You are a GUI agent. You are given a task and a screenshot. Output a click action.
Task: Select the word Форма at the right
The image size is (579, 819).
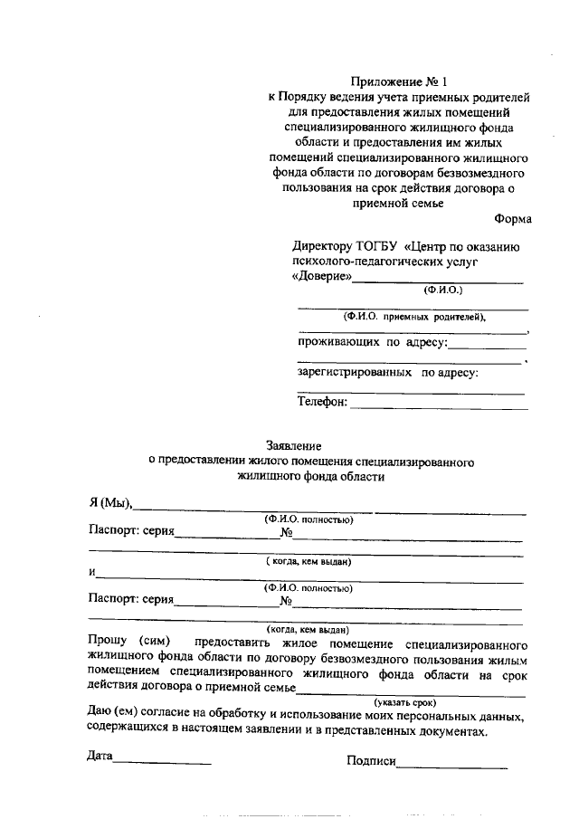pyautogui.click(x=513, y=219)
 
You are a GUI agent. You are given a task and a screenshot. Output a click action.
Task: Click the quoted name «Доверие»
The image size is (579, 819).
pyautogui.click(x=321, y=277)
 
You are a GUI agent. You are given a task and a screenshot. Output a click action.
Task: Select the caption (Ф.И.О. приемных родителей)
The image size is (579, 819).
pyautogui.click(x=413, y=317)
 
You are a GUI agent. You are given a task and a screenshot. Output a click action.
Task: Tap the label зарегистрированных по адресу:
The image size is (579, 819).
pyautogui.click(x=388, y=372)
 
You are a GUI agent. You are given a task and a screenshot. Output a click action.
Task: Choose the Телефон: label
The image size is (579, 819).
pyautogui.click(x=322, y=403)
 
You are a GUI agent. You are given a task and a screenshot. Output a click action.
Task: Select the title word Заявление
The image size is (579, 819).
pyautogui.click(x=293, y=444)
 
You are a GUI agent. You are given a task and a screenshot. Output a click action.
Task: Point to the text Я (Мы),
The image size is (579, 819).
pyautogui.click(x=110, y=503)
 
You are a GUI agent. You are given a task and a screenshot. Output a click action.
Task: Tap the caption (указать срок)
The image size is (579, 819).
pyautogui.click(x=405, y=701)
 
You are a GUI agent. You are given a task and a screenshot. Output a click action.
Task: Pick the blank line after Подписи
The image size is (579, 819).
pyautogui.click(x=451, y=766)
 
